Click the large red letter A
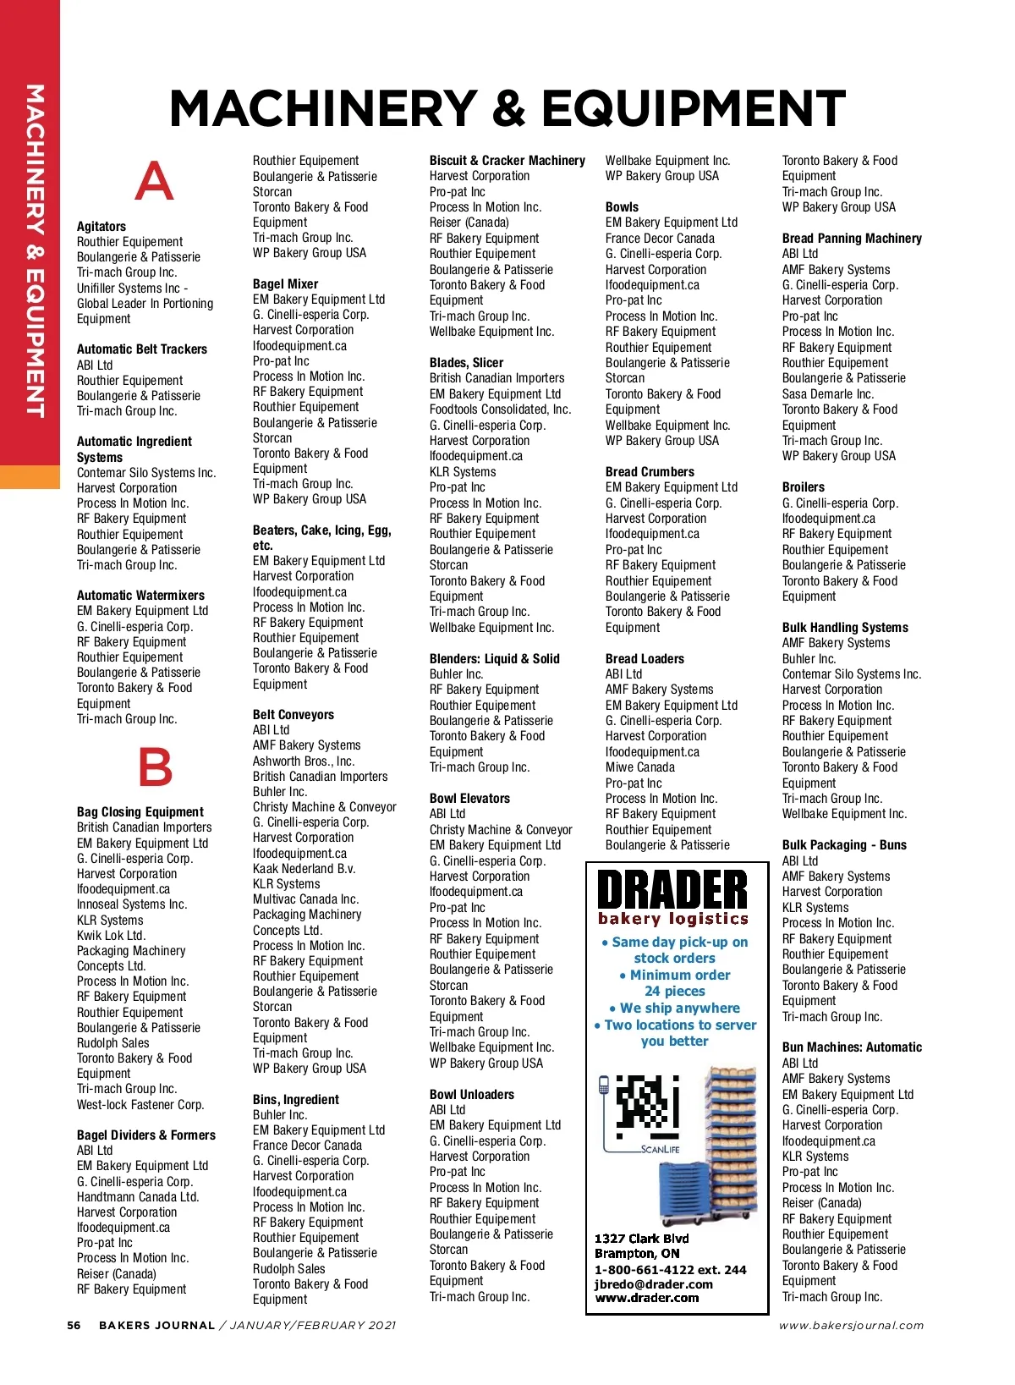click(x=154, y=181)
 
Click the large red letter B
click(x=155, y=767)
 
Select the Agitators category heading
click(x=101, y=227)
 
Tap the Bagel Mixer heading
click(x=286, y=284)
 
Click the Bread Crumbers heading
click(x=650, y=472)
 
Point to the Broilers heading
click(x=804, y=487)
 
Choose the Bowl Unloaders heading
click(x=472, y=1095)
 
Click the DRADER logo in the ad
click(x=673, y=891)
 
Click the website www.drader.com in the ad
click(x=647, y=1298)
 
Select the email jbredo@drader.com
click(x=653, y=1283)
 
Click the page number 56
click(x=74, y=1326)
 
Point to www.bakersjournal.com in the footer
click(x=851, y=1326)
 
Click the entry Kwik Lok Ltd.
click(x=112, y=936)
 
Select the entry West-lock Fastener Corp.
click(x=140, y=1105)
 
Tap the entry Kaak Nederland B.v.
click(x=304, y=869)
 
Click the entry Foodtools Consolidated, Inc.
click(x=501, y=409)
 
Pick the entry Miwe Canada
click(x=640, y=767)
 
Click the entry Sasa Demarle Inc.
click(x=828, y=394)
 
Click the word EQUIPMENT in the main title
click(x=694, y=108)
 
